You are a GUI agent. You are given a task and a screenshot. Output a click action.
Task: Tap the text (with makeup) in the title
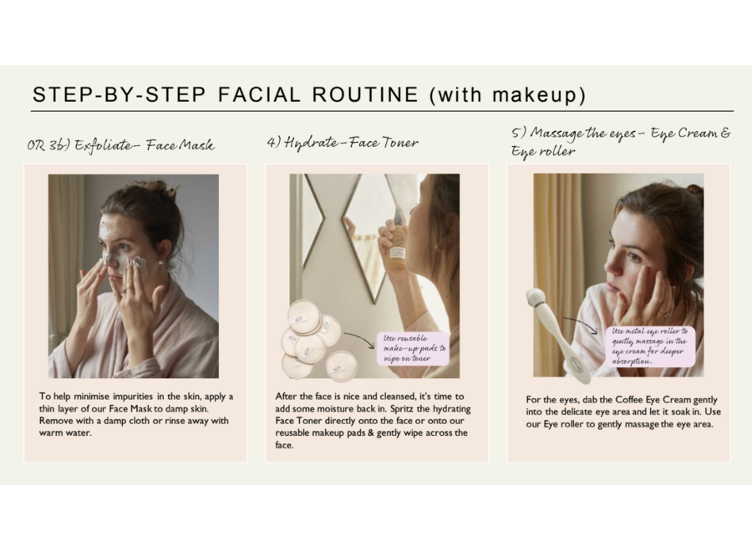(x=507, y=94)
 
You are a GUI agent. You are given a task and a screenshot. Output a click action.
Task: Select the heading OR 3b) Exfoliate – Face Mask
(x=120, y=145)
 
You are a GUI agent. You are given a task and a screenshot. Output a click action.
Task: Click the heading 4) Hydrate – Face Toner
(x=343, y=143)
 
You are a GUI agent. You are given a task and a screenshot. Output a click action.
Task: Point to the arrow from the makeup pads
(x=358, y=338)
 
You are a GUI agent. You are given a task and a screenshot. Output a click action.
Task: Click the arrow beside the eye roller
(x=580, y=324)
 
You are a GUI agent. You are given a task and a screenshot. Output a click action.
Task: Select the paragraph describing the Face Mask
(x=135, y=414)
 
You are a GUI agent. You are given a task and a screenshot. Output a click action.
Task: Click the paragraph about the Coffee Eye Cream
(x=622, y=412)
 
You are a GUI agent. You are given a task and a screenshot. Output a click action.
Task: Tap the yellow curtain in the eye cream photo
(x=556, y=250)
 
